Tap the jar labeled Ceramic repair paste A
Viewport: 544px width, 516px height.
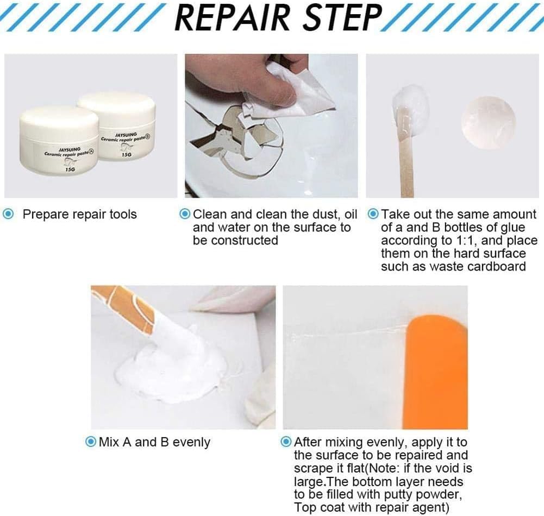click(59, 142)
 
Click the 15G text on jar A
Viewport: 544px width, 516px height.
click(70, 169)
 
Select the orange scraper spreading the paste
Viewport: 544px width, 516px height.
click(436, 373)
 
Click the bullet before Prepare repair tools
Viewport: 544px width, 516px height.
click(8, 214)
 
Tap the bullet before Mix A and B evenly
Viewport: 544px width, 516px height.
click(91, 442)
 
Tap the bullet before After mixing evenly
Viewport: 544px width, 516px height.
click(286, 442)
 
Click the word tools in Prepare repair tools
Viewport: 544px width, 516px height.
click(123, 215)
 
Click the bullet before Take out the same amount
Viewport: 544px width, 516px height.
click(373, 214)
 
